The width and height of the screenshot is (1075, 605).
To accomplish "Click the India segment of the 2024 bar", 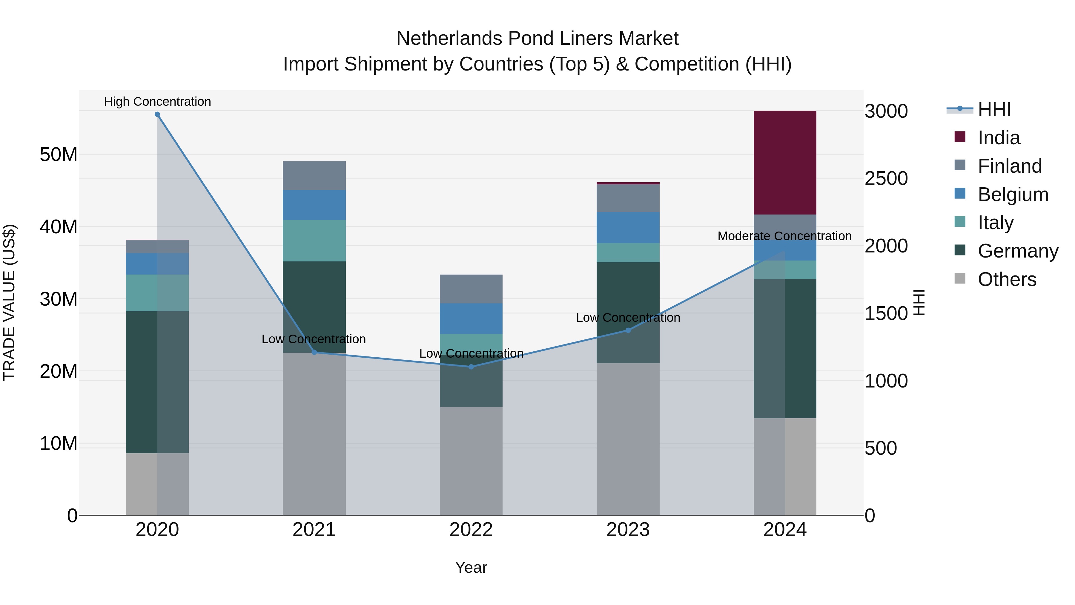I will tap(784, 163).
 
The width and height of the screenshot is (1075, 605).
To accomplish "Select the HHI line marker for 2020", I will tap(157, 114).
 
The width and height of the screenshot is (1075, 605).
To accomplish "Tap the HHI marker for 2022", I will tap(471, 367).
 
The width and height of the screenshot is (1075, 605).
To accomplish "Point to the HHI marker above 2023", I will tap(628, 330).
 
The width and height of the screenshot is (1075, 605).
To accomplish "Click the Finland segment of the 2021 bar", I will tap(314, 175).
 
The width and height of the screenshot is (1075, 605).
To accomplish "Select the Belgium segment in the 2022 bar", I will tap(471, 318).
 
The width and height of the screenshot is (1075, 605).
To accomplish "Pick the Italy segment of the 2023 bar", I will tap(628, 252).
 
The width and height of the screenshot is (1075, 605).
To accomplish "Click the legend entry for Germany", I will tap(1018, 251).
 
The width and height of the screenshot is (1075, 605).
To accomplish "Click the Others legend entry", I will tap(1007, 279).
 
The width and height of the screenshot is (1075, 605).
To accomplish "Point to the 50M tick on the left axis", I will tap(59, 154).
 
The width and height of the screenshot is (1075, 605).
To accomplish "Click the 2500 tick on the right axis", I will tap(886, 179).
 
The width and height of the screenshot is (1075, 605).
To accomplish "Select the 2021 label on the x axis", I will tap(314, 530).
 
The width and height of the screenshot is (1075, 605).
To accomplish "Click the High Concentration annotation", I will tap(157, 102).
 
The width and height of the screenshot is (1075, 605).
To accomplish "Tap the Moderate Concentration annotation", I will tap(784, 236).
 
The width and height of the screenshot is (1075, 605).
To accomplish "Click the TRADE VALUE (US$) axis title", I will tap(9, 302).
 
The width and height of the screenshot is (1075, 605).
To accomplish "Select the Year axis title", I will tap(471, 567).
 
